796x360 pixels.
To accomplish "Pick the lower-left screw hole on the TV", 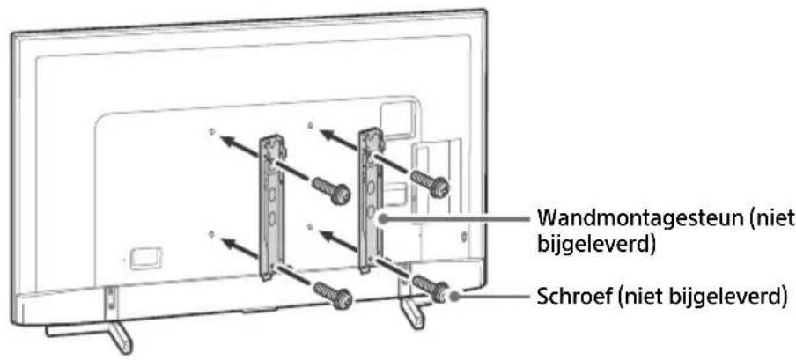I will [x=213, y=234].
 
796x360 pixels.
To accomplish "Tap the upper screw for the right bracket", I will [x=433, y=183].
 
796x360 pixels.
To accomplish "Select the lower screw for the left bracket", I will [x=335, y=296].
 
